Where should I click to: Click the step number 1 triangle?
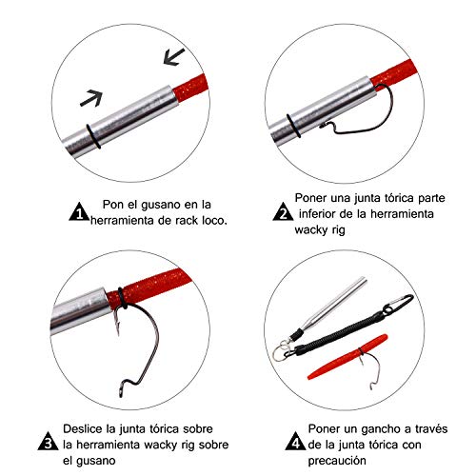coord(79,212)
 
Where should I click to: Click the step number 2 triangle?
coord(283,212)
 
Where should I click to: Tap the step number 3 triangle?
coord(48,442)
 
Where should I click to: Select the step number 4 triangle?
coord(295,442)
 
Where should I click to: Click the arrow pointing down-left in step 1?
coord(173,57)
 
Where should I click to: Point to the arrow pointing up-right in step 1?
coord(91,98)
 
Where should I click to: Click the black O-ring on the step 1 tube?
coord(93,136)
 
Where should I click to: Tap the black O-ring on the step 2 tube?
coord(293,126)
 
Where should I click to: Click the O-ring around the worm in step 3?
coord(122,298)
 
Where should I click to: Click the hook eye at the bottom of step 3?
coord(121,389)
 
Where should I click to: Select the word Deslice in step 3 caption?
coord(83,428)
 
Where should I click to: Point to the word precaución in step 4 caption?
coord(337,461)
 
